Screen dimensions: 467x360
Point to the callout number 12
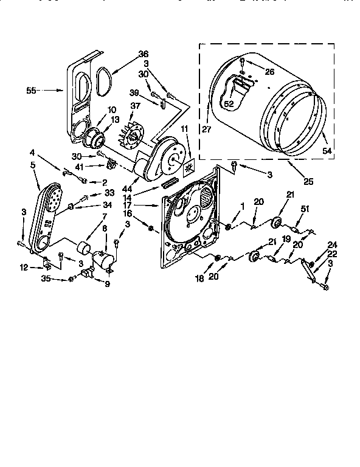tap(24, 267)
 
